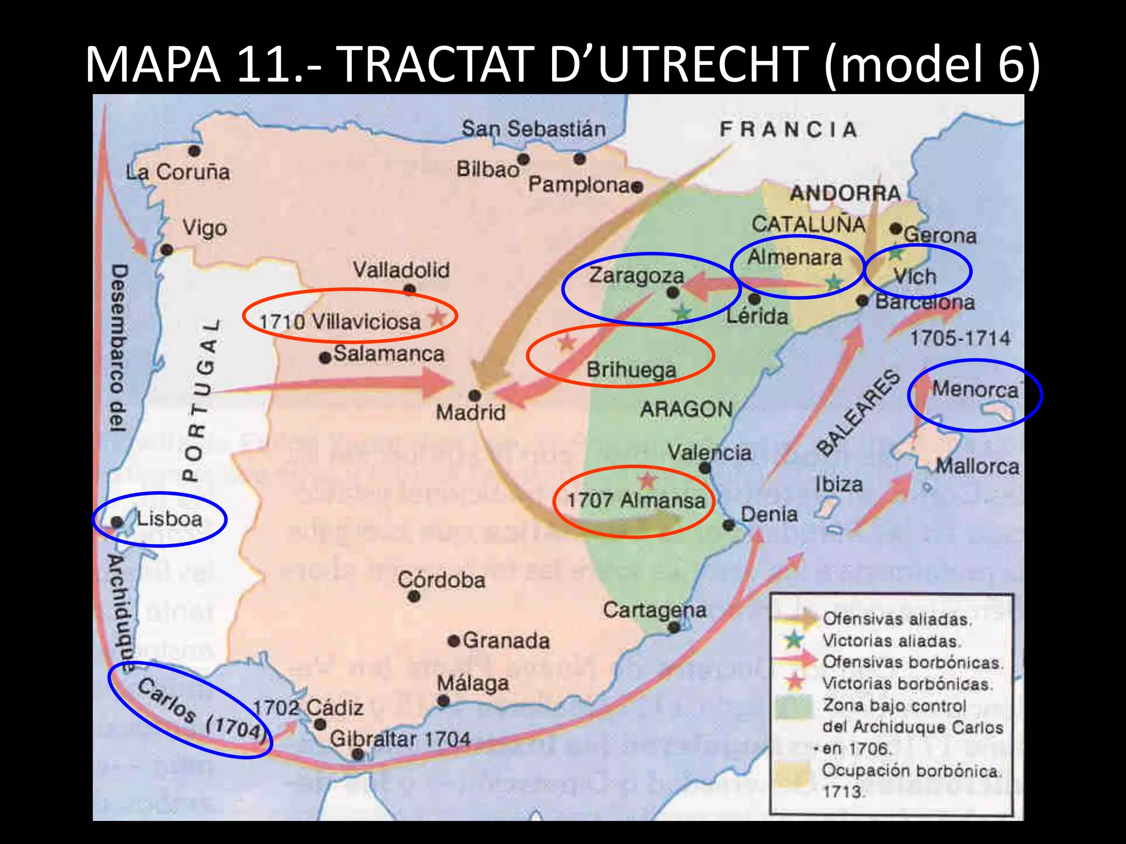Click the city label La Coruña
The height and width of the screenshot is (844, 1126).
[178, 172]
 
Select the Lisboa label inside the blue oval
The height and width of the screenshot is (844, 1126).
[169, 519]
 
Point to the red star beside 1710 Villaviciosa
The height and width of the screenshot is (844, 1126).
[438, 317]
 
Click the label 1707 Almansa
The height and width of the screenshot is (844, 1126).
[636, 500]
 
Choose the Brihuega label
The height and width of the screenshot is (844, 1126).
[631, 369]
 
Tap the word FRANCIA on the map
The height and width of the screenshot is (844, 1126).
[789, 130]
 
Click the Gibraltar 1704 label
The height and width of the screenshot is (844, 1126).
[400, 739]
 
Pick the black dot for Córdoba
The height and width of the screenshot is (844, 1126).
[415, 597]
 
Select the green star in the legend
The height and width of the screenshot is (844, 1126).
[793, 640]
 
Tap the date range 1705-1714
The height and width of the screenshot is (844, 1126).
[960, 338]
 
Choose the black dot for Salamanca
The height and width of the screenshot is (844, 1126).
[325, 358]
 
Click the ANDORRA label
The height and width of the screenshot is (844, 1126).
[846, 193]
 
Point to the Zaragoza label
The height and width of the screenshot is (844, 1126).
[637, 275]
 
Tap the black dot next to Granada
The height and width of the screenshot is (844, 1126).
[454, 641]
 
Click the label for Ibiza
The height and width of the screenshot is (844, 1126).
[839, 484]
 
